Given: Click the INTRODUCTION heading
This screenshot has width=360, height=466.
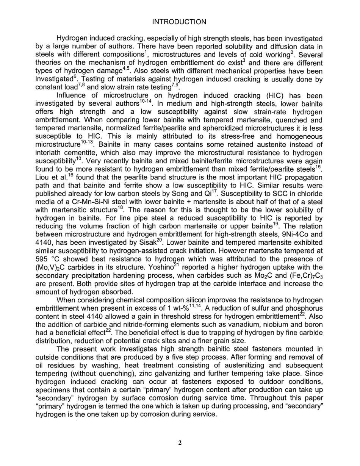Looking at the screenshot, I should coord(179,22).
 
